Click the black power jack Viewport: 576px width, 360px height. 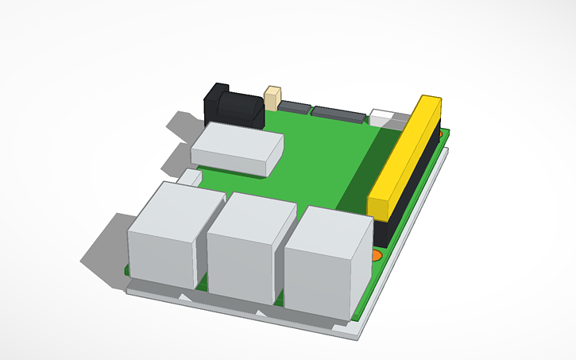click(x=232, y=106)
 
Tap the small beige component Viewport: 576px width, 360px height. click(x=273, y=98)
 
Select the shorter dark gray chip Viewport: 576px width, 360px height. click(x=294, y=107)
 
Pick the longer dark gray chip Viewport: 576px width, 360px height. click(x=339, y=113)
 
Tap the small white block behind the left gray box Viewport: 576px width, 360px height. click(x=190, y=176)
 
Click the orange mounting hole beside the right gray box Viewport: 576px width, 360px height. click(x=377, y=255)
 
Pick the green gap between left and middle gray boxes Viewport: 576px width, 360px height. click(x=202, y=283)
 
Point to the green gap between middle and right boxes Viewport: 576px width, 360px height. click(x=279, y=297)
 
